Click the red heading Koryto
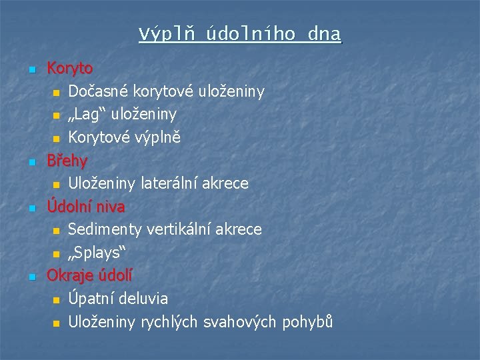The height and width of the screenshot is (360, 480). (69, 68)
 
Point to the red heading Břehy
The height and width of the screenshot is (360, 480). (67, 161)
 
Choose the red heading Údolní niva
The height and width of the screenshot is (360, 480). (85, 207)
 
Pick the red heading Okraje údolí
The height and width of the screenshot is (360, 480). (89, 275)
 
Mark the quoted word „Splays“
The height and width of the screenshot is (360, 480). (97, 253)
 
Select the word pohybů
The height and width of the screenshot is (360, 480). (307, 323)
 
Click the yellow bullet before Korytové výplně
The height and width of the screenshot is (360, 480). (56, 139)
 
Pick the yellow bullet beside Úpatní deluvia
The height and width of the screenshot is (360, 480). (56, 300)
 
